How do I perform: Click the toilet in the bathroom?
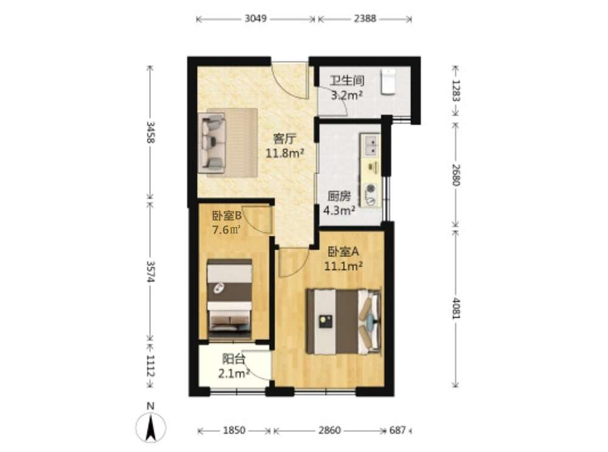coord(388,82)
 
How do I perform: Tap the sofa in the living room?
coord(212,143)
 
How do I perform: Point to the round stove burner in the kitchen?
coord(371,189)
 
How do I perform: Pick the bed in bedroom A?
coord(344,321)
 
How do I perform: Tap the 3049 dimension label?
coord(255,19)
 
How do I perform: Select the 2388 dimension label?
coord(365,19)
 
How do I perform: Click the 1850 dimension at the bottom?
coord(234,430)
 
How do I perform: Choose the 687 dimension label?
coord(398,430)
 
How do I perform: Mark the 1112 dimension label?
coord(150,366)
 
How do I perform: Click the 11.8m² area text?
coord(285,154)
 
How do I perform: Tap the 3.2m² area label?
coord(347,95)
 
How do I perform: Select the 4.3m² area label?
coord(340,210)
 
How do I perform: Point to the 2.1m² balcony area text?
coord(233,374)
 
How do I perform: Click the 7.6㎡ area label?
coord(227,230)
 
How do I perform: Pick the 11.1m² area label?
coord(344,266)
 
